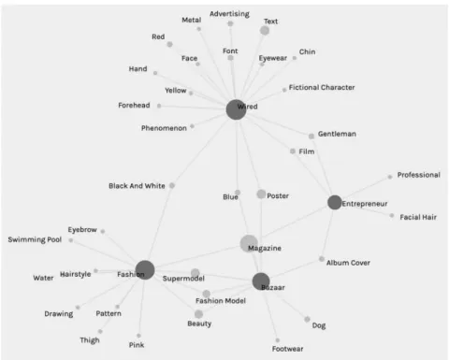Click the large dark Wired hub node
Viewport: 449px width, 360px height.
click(x=236, y=109)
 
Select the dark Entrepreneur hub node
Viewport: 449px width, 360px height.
click(x=335, y=202)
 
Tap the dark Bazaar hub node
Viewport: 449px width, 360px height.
click(x=261, y=281)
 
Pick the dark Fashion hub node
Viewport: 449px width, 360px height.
click(x=145, y=270)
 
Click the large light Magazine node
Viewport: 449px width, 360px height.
click(x=249, y=244)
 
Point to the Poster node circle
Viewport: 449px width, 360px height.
click(x=261, y=194)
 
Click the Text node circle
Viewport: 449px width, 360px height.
click(x=265, y=31)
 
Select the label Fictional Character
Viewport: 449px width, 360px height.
click(x=322, y=87)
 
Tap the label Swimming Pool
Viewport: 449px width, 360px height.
click(x=35, y=239)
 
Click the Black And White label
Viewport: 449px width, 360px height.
click(x=137, y=186)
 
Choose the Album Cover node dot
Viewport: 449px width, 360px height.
click(x=322, y=259)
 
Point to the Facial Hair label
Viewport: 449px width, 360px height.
click(x=418, y=217)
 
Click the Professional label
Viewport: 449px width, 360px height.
click(x=419, y=175)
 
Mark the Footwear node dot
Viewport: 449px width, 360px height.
click(x=278, y=340)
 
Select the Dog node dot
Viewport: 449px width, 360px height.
click(x=307, y=319)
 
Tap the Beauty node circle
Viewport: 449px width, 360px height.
click(x=198, y=314)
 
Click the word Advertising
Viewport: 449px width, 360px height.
click(x=229, y=14)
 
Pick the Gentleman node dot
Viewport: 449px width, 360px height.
click(x=311, y=137)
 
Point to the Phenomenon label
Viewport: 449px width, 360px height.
click(x=164, y=128)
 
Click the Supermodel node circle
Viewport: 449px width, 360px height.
click(x=196, y=273)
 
